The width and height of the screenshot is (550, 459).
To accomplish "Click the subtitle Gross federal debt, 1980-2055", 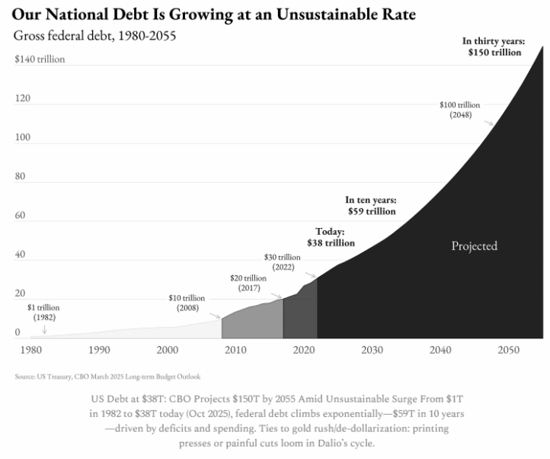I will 95,36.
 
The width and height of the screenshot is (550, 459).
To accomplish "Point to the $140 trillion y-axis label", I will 40,59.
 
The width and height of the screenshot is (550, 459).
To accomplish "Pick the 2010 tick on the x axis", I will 235,350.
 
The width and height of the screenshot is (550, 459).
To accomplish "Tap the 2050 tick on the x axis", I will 508,350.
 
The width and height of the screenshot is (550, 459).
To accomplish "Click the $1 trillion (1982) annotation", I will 44,311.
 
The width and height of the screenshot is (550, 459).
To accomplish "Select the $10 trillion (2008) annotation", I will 187,302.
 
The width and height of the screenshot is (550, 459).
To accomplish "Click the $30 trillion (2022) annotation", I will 283,262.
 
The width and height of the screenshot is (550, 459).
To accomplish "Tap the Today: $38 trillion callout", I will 331,237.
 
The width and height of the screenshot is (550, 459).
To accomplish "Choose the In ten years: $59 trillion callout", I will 371,205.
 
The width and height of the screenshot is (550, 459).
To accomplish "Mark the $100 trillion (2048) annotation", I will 460,109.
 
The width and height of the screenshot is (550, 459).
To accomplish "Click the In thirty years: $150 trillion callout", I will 494,47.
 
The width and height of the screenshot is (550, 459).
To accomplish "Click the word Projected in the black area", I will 474,246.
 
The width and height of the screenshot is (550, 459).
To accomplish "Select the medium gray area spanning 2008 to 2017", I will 252,320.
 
